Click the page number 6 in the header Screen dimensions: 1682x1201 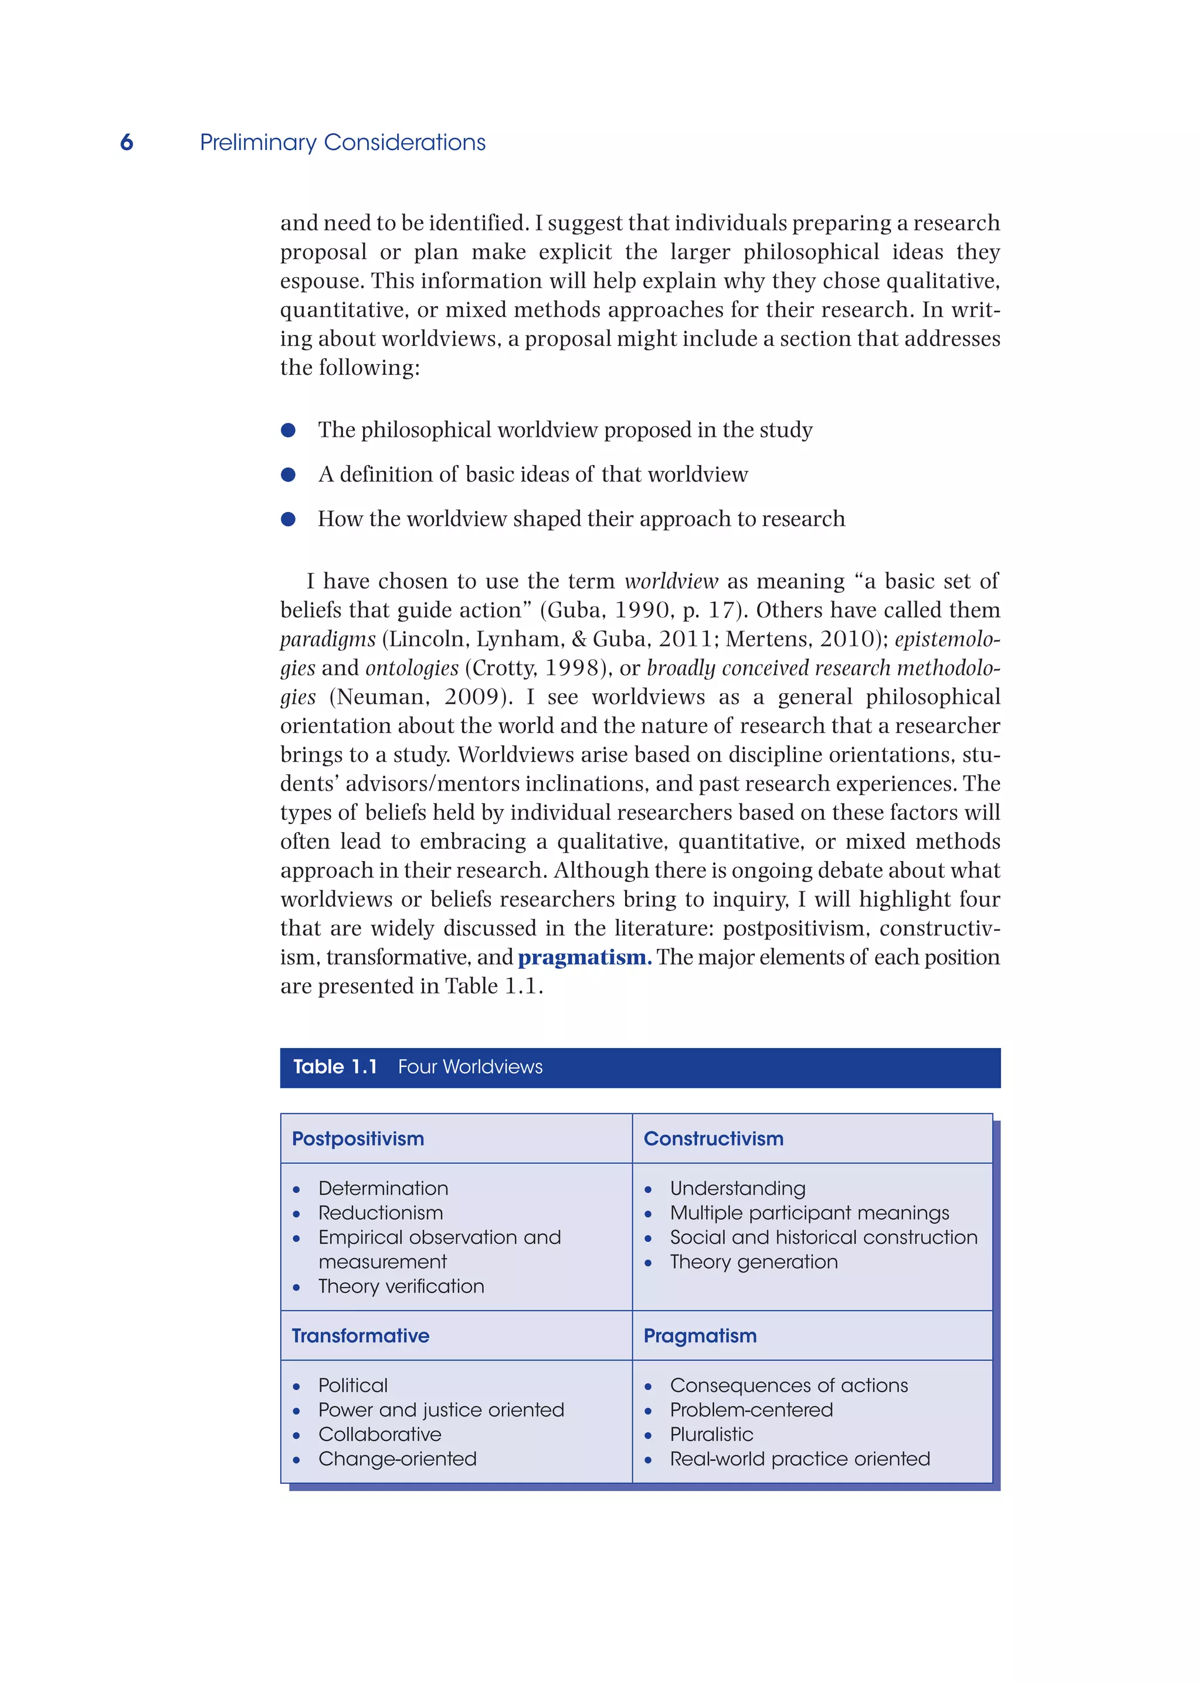(127, 142)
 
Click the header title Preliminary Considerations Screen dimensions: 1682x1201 (342, 142)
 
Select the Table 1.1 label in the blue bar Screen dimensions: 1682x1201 (335, 1067)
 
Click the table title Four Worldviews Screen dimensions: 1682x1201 (470, 1067)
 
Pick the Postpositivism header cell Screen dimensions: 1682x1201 (358, 1138)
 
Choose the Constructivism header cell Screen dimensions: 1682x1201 (713, 1138)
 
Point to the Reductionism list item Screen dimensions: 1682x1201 (380, 1212)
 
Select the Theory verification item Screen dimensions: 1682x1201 (401, 1286)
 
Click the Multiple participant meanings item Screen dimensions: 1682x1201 (809, 1212)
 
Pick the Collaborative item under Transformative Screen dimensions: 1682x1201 (379, 1433)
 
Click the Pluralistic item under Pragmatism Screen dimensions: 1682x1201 (711, 1433)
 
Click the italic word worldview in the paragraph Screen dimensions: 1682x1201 (671, 581)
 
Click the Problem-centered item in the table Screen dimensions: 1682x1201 (751, 1409)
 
